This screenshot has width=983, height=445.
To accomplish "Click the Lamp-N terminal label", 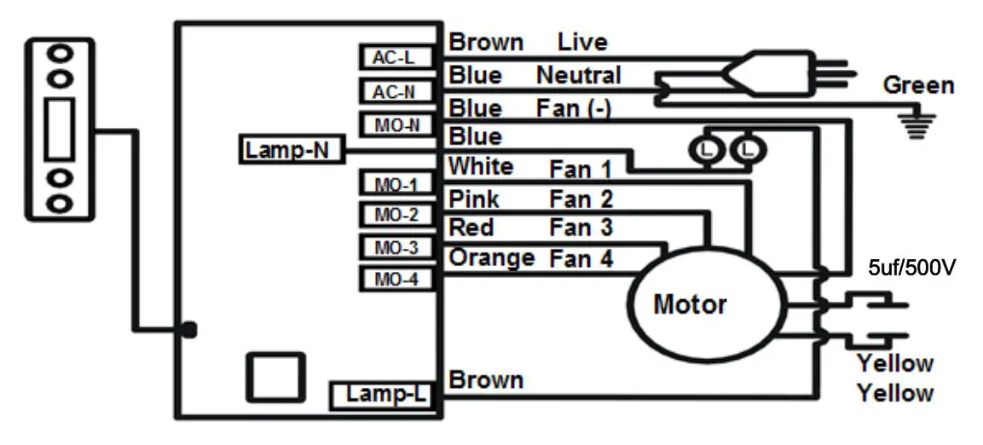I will click(x=289, y=151).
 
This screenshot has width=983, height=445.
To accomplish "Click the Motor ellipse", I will click(x=704, y=303).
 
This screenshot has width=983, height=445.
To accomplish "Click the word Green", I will click(x=918, y=85).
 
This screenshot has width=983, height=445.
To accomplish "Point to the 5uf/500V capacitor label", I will click(x=910, y=267).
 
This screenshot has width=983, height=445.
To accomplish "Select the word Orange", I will click(x=492, y=257).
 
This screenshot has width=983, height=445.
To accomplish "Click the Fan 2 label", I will click(x=581, y=200).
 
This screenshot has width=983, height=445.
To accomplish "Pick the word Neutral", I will click(x=578, y=76).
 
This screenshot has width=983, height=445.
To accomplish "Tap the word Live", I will click(x=582, y=42).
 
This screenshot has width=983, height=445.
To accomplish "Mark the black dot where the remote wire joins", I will click(x=189, y=329).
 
